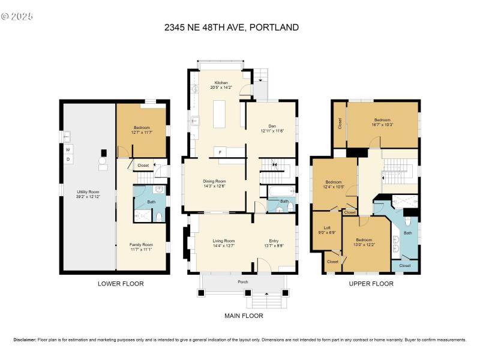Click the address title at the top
pos(232,27)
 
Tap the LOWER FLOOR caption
pos(121,284)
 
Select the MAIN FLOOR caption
pos(243,316)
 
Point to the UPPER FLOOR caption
pos(371,284)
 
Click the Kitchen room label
pos(221,82)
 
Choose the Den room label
pos(272,127)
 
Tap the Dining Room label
pos(214,181)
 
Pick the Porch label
pos(242,281)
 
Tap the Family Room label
pos(142,245)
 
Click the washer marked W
pos(68,149)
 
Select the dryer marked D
pos(68,159)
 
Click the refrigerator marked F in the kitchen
pos(220,151)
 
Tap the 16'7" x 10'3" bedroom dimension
pos(382,125)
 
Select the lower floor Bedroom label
pos(142,127)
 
